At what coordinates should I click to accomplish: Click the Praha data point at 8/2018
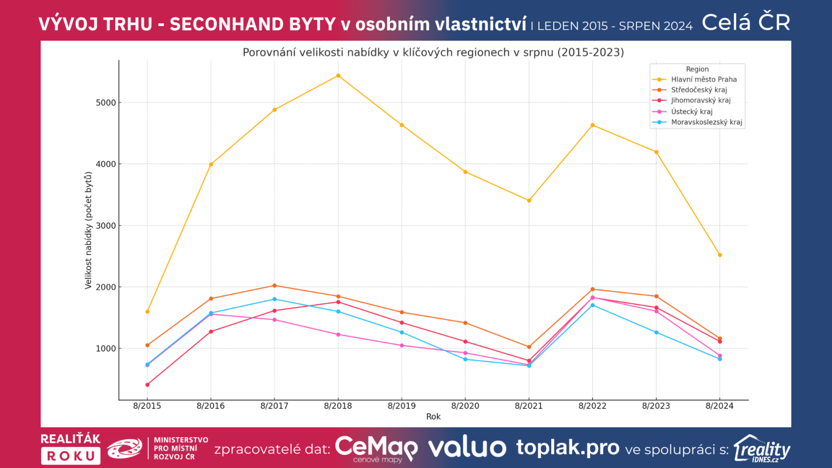(338, 75)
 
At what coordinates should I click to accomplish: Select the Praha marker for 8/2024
(720, 255)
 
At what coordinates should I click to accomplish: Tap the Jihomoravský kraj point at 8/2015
(147, 385)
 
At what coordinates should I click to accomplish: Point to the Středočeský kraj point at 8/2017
(275, 285)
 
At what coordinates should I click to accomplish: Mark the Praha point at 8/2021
(529, 200)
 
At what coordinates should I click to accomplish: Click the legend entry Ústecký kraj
(692, 111)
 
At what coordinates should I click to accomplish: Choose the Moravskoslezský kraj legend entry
(706, 122)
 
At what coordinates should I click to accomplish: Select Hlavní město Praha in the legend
(704, 80)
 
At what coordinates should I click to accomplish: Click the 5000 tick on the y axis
(106, 103)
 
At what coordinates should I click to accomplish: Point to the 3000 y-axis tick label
(106, 226)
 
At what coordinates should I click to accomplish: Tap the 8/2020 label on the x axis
(465, 406)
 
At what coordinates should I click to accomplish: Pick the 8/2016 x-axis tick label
(211, 406)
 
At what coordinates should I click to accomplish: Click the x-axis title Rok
(433, 417)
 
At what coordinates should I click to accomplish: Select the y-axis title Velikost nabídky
(88, 230)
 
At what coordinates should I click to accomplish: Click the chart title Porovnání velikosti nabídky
(433, 53)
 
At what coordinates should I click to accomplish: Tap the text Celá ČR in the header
(746, 22)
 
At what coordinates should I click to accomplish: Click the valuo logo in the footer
(467, 448)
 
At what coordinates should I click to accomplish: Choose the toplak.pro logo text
(567, 447)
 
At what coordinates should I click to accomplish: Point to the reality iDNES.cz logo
(762, 449)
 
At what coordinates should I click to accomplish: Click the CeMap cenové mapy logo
(376, 448)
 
